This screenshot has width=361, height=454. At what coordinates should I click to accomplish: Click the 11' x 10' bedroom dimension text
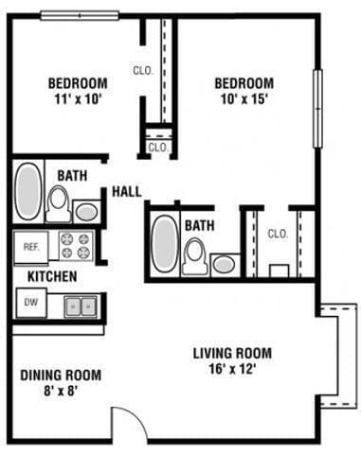(x=77, y=97)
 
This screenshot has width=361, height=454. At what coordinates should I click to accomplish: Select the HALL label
(x=127, y=191)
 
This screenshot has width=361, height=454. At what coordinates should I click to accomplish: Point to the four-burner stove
(x=76, y=245)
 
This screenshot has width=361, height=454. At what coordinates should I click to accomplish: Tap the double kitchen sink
(x=81, y=306)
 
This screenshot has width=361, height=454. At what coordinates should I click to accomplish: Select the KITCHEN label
(x=51, y=276)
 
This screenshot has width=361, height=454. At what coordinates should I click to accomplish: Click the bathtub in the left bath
(x=28, y=193)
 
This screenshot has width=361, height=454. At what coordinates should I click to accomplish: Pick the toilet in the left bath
(x=58, y=202)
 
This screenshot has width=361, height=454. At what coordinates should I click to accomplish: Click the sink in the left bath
(x=86, y=211)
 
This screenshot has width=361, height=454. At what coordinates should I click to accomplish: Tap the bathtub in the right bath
(x=165, y=244)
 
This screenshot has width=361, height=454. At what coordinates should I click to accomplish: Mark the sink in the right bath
(x=224, y=263)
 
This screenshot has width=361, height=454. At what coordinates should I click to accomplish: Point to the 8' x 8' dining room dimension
(x=61, y=391)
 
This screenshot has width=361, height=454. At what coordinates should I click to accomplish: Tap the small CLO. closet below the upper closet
(x=157, y=148)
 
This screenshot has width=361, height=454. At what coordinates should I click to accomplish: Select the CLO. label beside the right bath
(x=278, y=233)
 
